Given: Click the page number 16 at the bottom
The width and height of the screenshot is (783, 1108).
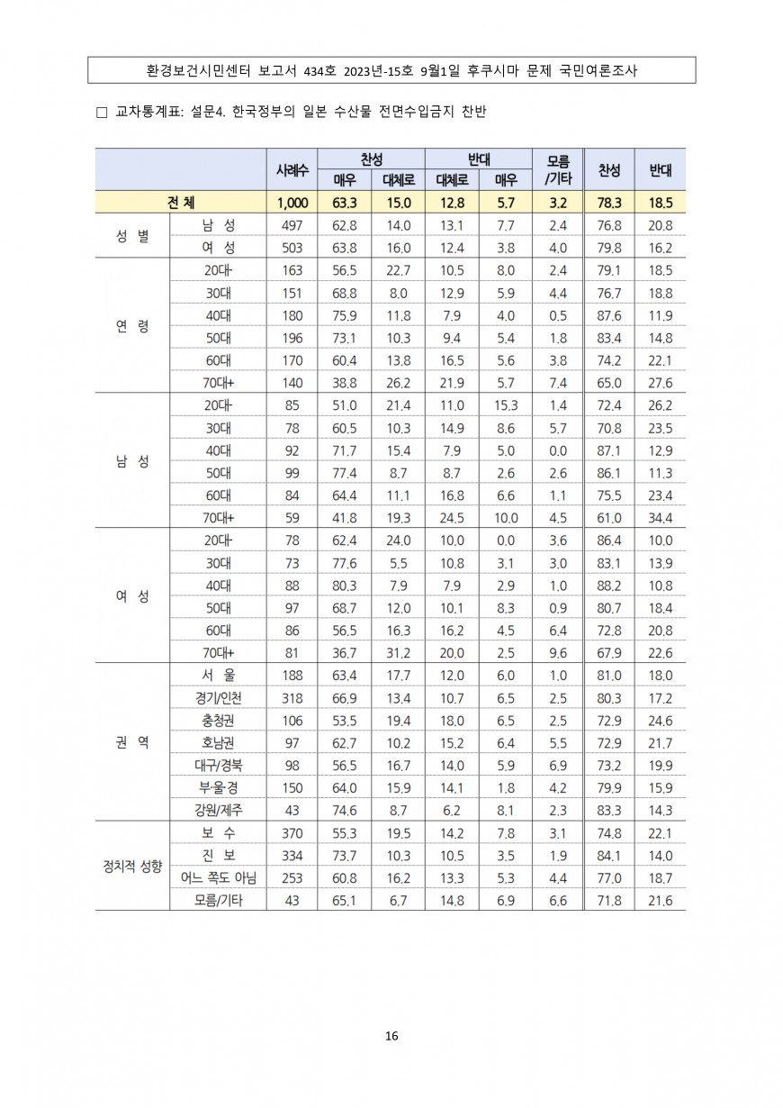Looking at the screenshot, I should point(391,1035).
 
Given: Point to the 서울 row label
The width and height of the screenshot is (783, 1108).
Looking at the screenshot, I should point(218,676).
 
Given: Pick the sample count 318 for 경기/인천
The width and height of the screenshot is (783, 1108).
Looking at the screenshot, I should point(292,698).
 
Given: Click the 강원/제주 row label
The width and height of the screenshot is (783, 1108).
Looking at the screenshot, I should point(218,810).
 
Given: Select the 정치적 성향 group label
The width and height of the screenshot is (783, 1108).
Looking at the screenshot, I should point(132,867).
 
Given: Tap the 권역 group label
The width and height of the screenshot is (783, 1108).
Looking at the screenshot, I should point(132,743).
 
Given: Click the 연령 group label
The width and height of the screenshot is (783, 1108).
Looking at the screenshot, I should point(132,326).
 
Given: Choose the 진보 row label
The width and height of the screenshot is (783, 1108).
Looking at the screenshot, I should point(218,855).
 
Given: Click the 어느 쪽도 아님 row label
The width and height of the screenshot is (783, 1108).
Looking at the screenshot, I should point(218,877).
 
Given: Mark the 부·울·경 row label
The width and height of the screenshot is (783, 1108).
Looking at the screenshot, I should point(218,787).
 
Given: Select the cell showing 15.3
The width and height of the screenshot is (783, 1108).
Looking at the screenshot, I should point(505,405).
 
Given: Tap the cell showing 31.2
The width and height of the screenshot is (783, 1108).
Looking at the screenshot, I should point(397,653).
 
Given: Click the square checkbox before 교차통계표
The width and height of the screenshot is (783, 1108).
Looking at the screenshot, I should point(101,113).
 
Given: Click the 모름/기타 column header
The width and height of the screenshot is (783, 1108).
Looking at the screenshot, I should point(558,169).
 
